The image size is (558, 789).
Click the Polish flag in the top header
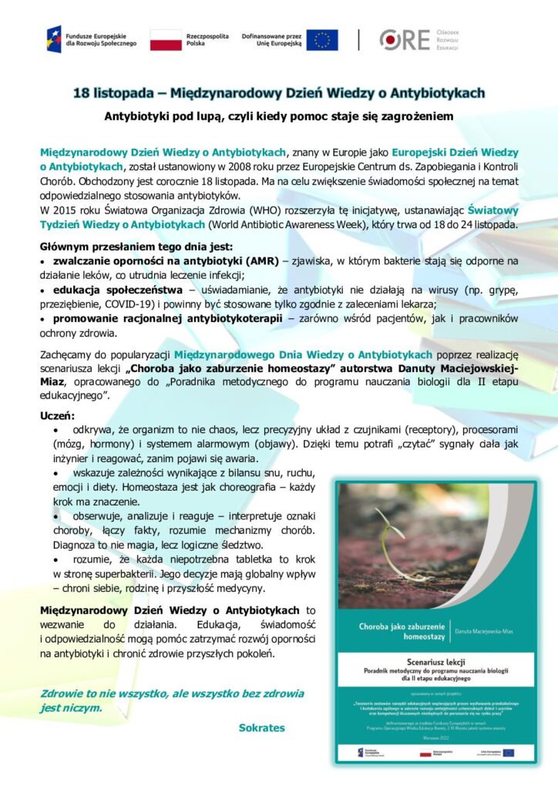(166, 39)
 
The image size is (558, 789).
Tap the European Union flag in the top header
(322, 39)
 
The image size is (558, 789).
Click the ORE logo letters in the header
(405, 39)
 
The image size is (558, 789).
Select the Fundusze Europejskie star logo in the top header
(54, 39)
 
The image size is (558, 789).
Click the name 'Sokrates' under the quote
(261, 727)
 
